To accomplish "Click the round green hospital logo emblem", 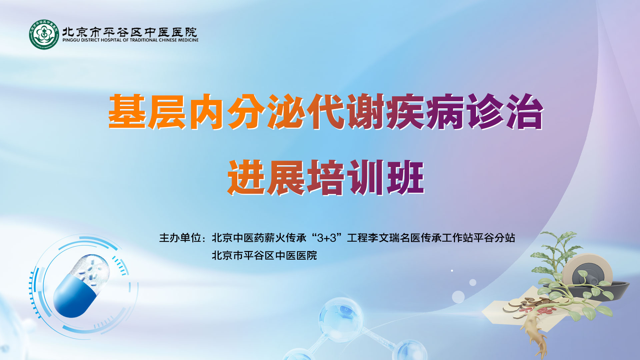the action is [44, 34].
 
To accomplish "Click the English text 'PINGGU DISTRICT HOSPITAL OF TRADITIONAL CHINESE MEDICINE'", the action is [130, 40].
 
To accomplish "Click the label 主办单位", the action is [180, 238].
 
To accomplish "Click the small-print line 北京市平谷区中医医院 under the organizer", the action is [264, 256].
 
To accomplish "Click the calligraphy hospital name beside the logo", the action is [130, 32].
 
